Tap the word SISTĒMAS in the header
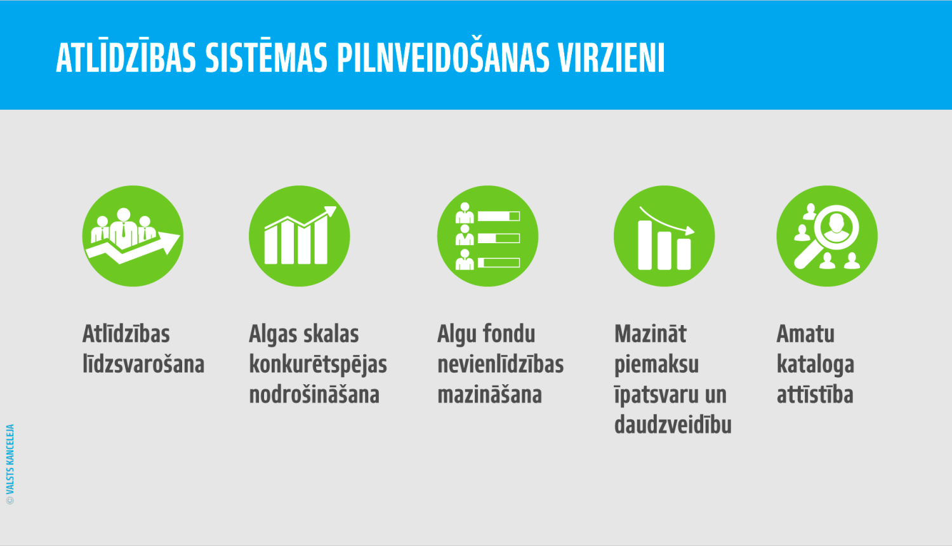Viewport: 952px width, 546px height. (266, 58)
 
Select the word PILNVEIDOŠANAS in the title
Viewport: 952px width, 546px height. (442, 58)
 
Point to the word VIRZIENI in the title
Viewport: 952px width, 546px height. (611, 58)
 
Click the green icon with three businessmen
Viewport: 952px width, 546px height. (133, 236)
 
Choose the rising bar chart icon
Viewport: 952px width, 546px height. (299, 236)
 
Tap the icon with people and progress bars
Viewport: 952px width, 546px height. (487, 236)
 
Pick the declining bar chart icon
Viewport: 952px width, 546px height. (664, 236)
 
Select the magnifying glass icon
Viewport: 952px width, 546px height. (827, 236)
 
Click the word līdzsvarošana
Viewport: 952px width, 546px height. (143, 364)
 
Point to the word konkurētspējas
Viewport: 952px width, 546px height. (318, 365)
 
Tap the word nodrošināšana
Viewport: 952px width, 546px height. (314, 395)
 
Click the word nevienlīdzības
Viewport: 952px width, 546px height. (501, 364)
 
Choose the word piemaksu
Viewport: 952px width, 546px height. (656, 365)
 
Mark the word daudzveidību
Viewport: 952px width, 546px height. (673, 425)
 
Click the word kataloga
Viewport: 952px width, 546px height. (816, 365)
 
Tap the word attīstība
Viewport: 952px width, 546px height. (815, 395)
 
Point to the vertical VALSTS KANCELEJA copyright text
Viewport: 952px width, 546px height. (10, 464)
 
